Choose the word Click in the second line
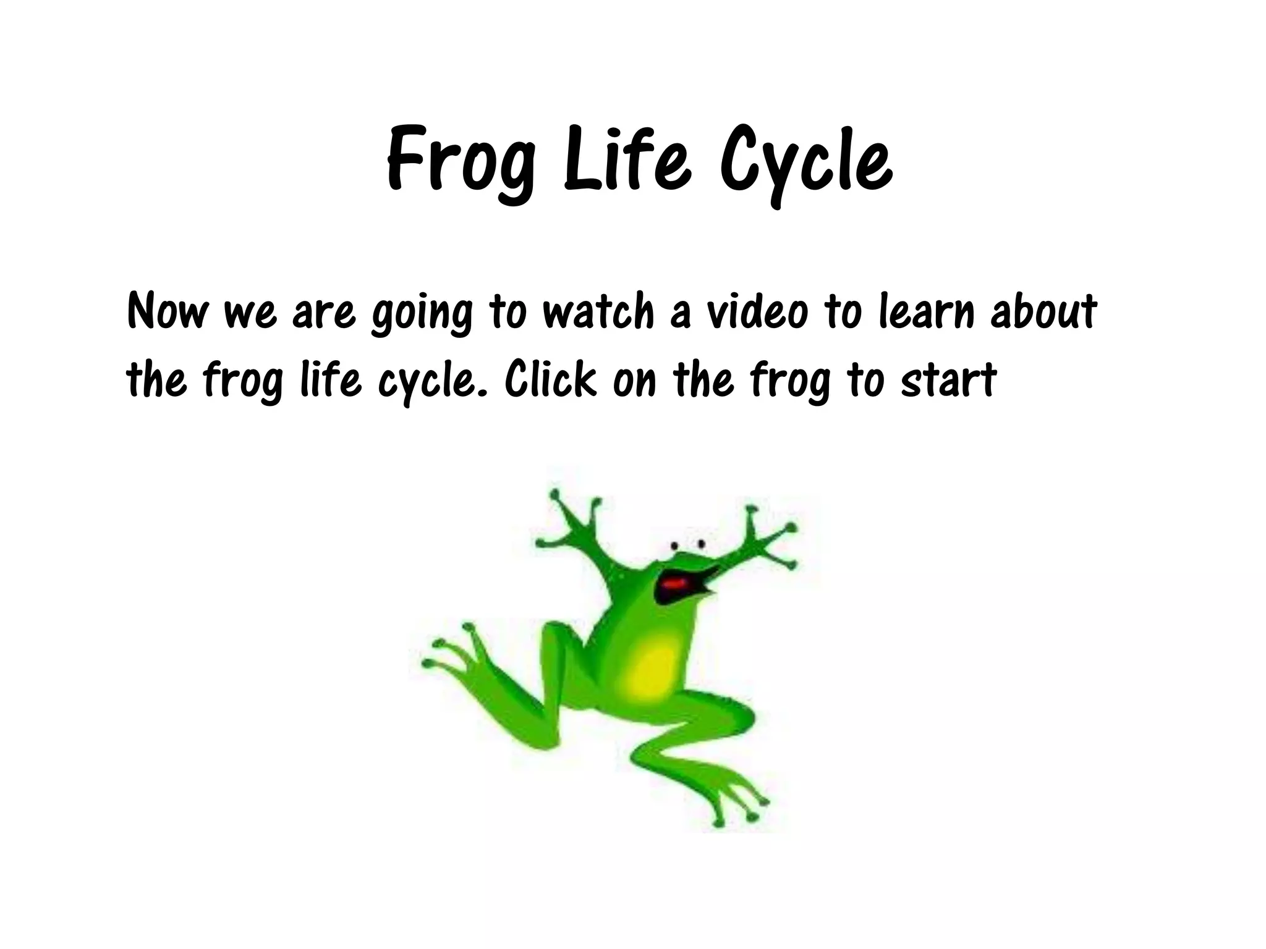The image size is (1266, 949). point(551,378)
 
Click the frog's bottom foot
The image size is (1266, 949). point(733,797)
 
